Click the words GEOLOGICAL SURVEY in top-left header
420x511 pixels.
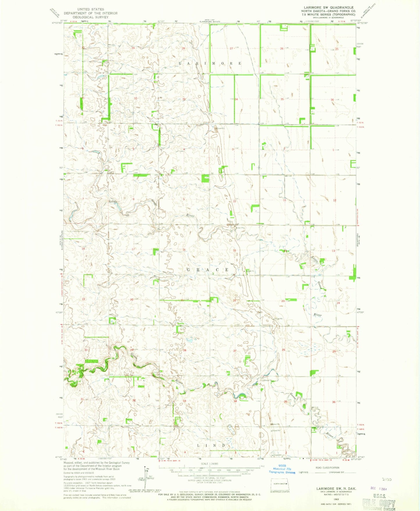tap(90, 17)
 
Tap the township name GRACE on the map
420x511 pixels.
tap(211, 270)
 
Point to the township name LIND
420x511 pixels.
tap(211, 446)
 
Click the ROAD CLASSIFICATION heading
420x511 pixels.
tap(327, 468)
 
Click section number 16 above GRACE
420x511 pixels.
tap(184, 250)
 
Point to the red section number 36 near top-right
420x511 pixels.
tap(332, 100)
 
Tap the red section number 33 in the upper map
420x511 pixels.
tap(184, 99)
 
